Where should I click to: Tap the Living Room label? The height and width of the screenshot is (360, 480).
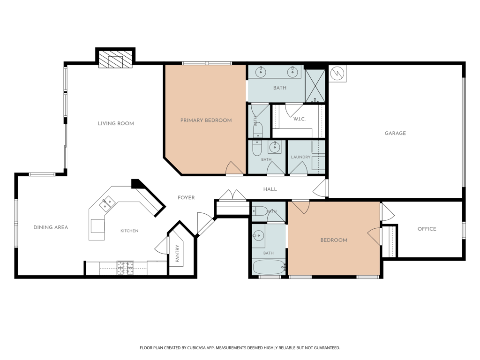116,123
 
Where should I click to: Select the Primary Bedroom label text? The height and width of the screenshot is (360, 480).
206,120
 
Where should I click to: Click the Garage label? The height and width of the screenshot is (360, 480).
395,133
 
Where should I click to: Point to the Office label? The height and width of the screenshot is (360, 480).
427,229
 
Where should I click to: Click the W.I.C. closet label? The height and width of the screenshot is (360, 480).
300,119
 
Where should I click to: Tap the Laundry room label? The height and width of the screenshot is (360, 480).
300,157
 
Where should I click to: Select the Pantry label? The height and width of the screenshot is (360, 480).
177,254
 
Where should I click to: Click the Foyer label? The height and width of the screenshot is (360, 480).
186,197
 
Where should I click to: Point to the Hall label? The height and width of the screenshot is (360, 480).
270,189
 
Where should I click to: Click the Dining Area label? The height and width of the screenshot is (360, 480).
51,227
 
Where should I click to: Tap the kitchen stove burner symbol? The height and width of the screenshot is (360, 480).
126,268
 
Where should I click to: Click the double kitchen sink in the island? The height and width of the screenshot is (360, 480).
107,204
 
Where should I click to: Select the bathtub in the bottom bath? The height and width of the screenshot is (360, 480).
269,267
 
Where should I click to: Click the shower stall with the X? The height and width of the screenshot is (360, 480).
315,86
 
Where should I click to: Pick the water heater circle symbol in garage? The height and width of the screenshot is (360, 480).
337,74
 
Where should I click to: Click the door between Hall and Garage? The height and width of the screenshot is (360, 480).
321,188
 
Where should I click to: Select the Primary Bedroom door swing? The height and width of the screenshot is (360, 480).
234,168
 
